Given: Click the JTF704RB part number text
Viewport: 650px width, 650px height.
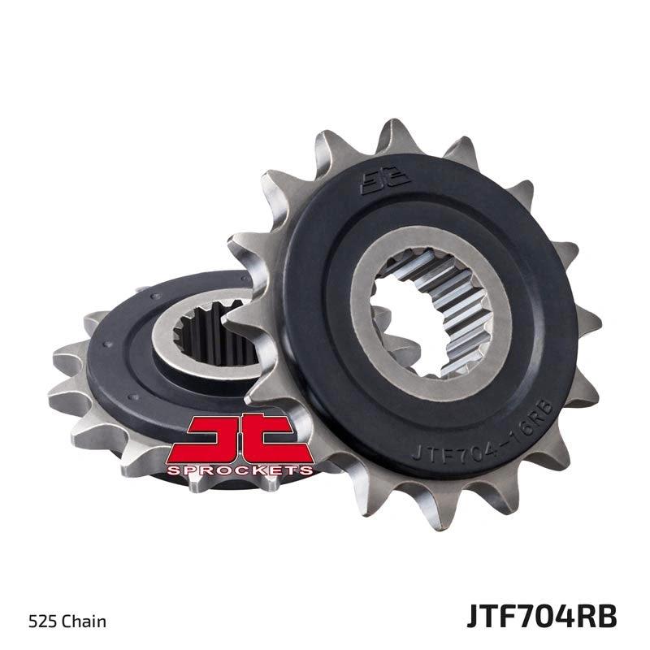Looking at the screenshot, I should [541, 617].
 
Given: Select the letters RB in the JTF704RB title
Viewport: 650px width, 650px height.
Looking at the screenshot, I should [600, 617].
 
